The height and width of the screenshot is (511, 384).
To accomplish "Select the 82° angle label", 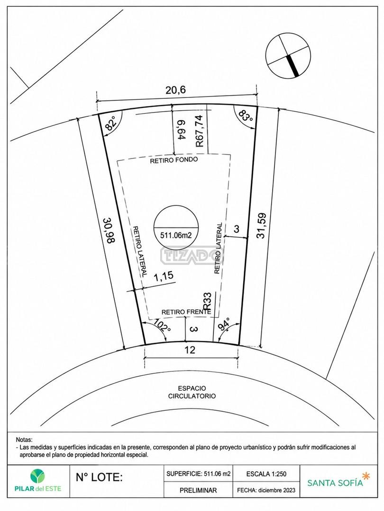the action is point(111,124).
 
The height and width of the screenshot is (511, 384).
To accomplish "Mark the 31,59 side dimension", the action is point(262,226).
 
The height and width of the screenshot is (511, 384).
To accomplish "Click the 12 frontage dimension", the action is point(190,350).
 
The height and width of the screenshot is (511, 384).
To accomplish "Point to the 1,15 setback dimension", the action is point(163,277).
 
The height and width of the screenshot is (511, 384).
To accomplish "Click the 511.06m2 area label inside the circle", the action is point(176,235).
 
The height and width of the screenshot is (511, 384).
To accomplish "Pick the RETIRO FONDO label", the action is point(174,160).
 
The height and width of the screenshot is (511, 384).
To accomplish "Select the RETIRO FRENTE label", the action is point(186,312).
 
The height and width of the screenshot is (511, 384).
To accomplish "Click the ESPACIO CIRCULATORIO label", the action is point(192,392).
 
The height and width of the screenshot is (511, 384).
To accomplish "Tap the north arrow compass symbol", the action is point(288,56).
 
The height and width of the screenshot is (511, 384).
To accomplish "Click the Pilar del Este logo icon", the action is point(38,476).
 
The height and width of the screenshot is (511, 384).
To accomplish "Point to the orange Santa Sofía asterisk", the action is point(366,476).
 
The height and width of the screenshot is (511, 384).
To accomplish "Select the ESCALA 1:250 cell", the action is point(266,474).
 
